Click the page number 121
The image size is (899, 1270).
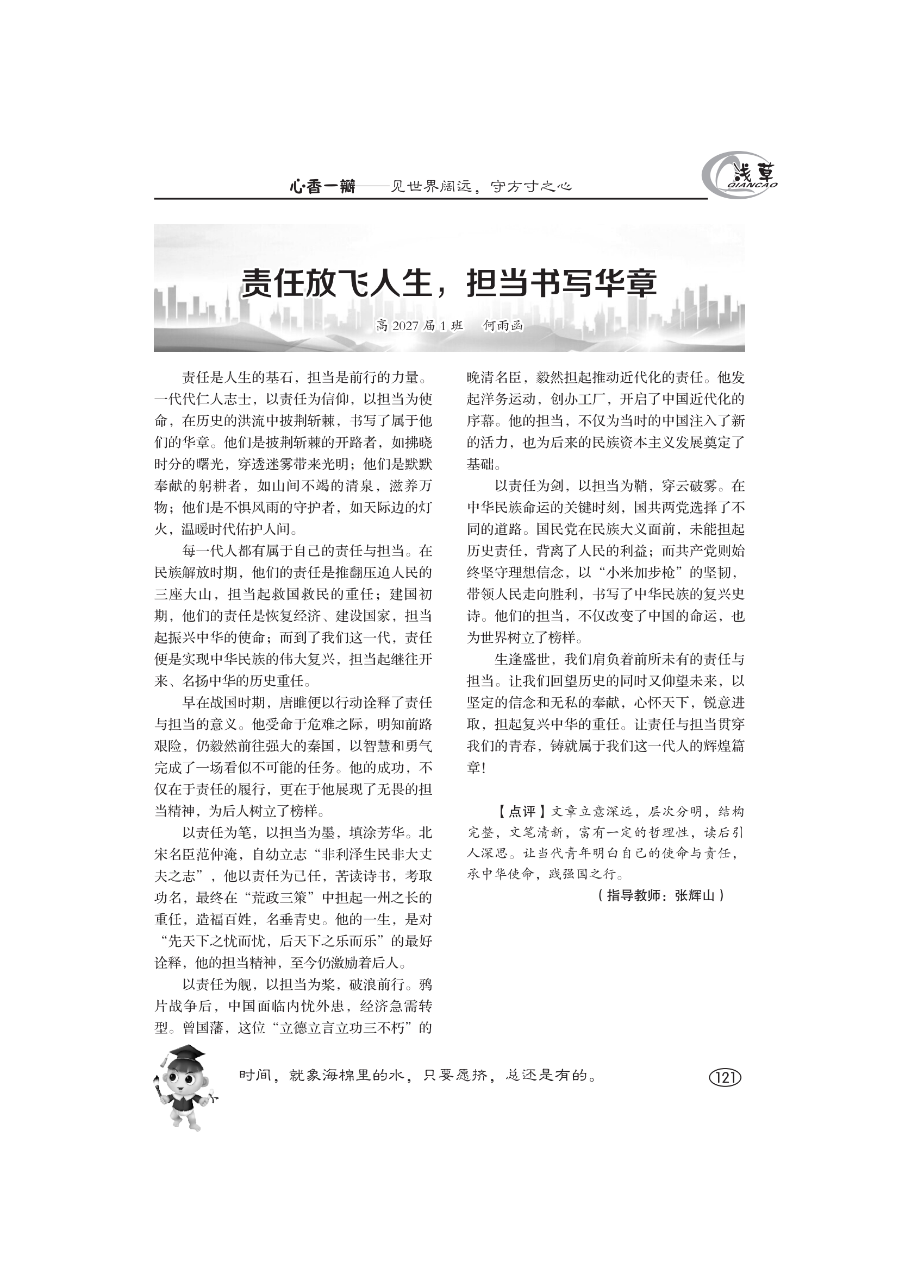[725, 1077]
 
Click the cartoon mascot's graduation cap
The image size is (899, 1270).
[184, 1053]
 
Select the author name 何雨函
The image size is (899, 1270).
[503, 326]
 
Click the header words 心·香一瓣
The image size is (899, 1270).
[322, 187]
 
